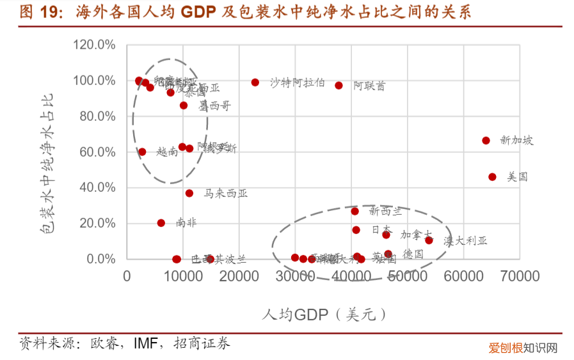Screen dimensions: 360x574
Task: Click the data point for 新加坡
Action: (x=486, y=141)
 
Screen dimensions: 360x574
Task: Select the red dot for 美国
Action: (x=492, y=176)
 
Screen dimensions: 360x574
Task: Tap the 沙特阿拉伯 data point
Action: (x=255, y=82)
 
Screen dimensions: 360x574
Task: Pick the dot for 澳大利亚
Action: (x=429, y=240)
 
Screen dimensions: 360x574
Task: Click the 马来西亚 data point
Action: (x=189, y=193)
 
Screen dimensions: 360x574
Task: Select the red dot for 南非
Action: (x=161, y=223)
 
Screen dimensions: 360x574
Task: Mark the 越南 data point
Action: (x=142, y=152)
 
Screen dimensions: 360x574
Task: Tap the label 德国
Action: (x=413, y=254)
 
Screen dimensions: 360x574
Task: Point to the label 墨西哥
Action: (x=214, y=106)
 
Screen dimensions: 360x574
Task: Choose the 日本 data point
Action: (x=356, y=230)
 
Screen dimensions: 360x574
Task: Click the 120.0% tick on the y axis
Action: (x=94, y=45)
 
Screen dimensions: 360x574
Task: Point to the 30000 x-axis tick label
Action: (x=294, y=276)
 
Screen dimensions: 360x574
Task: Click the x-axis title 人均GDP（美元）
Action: (x=324, y=315)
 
